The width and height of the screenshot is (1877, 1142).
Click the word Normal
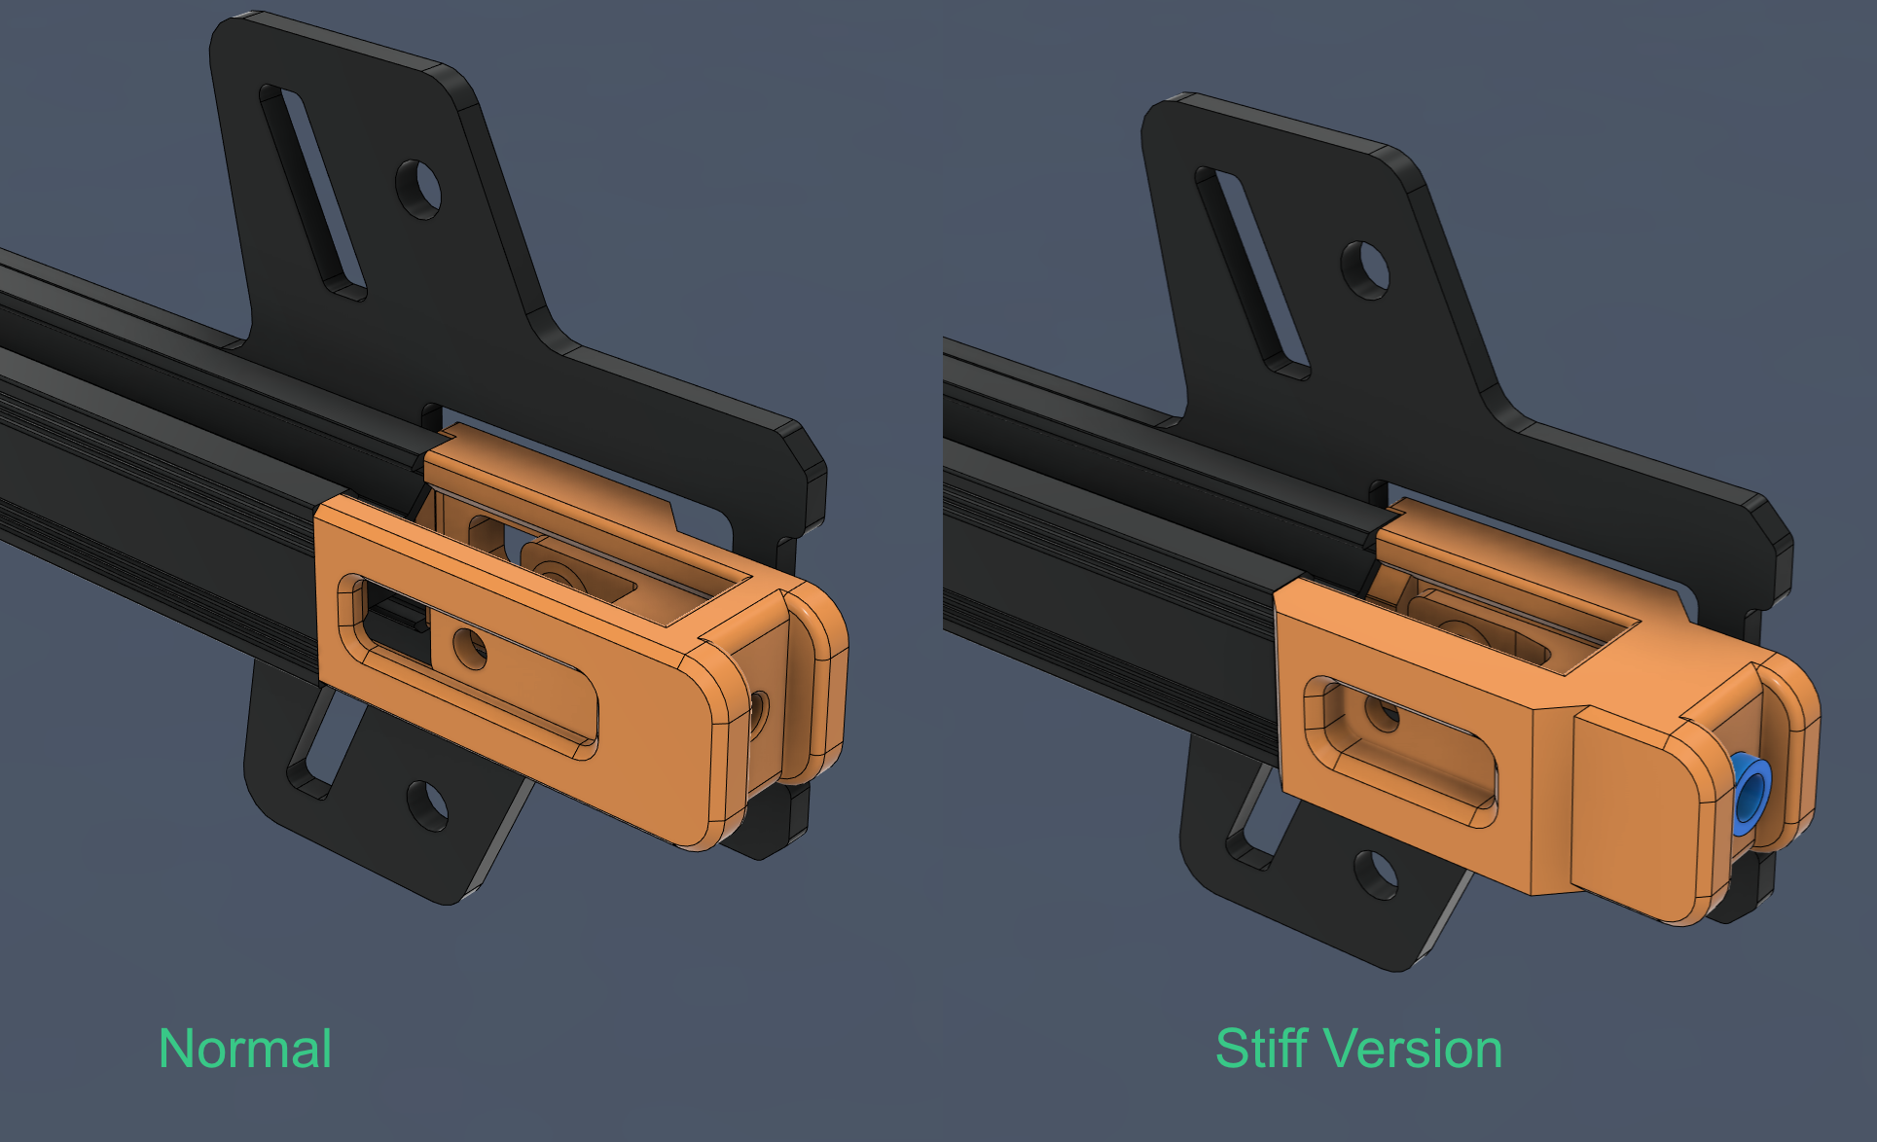click(x=245, y=1050)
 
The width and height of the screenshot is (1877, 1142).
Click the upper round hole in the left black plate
click(x=418, y=189)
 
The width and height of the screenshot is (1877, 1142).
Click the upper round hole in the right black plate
click(x=1365, y=269)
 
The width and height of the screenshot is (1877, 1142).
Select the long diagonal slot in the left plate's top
click(x=311, y=191)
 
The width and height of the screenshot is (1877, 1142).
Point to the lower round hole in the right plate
click(x=1375, y=874)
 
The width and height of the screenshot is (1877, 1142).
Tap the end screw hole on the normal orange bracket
click(x=758, y=715)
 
